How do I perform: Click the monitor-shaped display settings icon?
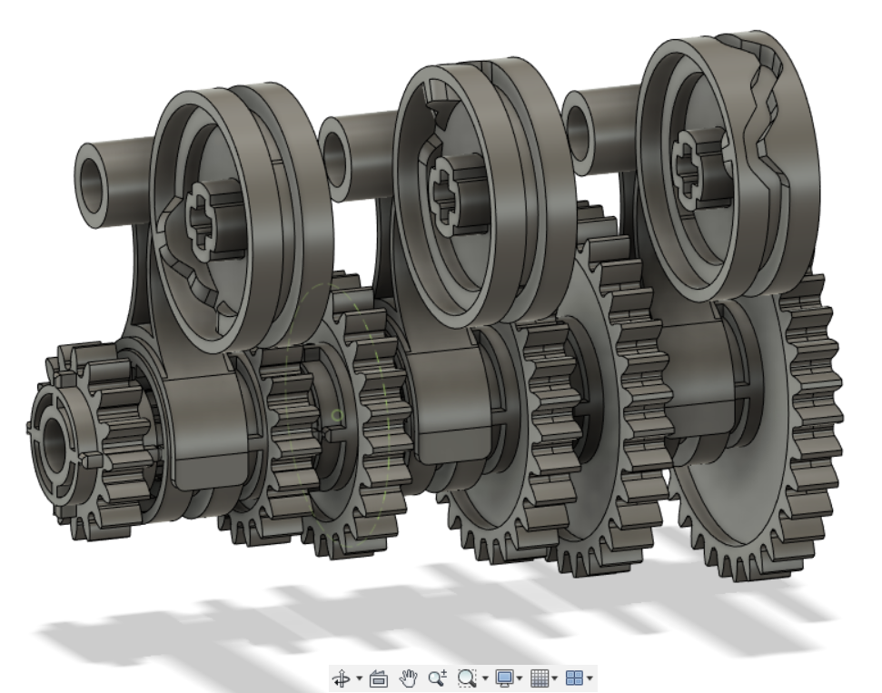point(503,678)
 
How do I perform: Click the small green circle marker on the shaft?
point(337,416)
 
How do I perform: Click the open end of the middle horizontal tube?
point(335,146)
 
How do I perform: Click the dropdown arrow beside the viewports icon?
point(591,678)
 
